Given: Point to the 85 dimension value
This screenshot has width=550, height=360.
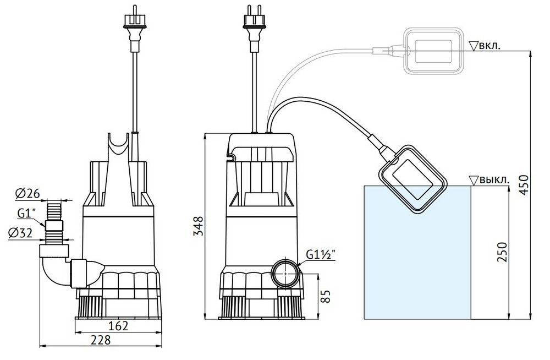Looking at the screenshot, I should tap(325, 296).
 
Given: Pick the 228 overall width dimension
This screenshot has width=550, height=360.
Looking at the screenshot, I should tap(100, 341).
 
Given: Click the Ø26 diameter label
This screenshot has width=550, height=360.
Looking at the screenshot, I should tap(25, 193).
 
